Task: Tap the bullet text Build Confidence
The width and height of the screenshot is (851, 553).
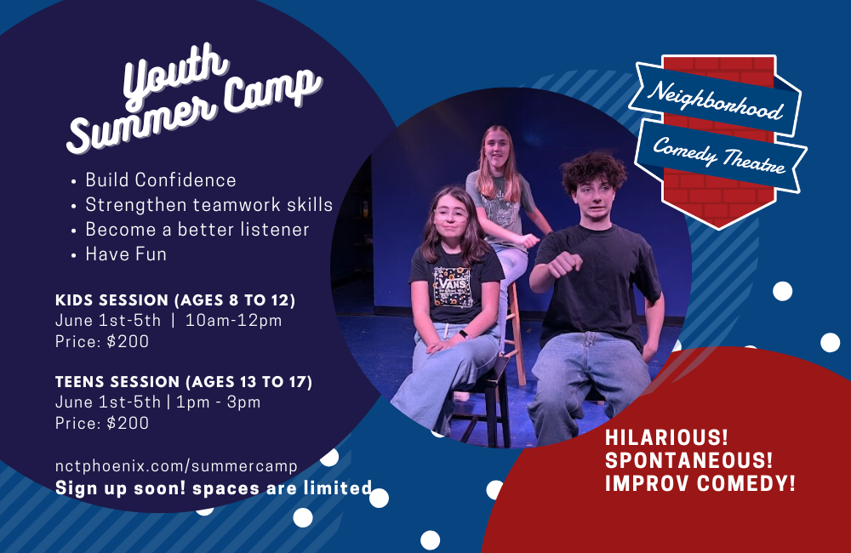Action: (x=160, y=180)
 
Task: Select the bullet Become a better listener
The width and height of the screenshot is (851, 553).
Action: (x=197, y=230)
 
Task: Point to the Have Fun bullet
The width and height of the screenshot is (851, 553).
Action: (x=126, y=254)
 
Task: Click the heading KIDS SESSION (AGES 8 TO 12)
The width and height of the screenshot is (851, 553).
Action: (x=174, y=300)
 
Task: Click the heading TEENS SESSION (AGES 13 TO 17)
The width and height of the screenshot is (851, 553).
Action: (x=184, y=382)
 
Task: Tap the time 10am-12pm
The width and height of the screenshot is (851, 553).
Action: (x=234, y=321)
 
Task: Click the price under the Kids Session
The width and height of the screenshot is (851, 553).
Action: (x=102, y=342)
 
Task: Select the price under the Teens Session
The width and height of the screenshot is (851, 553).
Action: (x=102, y=423)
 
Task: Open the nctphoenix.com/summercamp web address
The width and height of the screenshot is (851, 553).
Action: (x=176, y=466)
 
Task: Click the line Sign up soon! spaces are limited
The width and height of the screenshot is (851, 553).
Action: (x=214, y=488)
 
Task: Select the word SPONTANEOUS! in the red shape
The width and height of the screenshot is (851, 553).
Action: (x=688, y=461)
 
